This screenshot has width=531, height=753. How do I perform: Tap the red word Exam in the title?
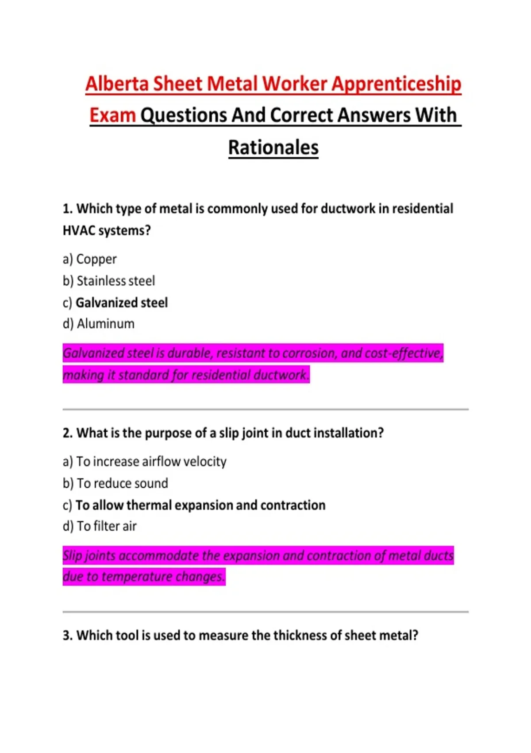112,115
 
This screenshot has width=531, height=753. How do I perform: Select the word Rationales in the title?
273,147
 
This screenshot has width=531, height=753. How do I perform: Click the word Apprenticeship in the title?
396,84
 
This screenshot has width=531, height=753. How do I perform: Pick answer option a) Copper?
90,259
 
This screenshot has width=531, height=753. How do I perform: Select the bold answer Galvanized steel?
122,303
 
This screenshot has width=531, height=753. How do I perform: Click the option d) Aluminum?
99,324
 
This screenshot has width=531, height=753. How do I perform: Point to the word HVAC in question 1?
78,231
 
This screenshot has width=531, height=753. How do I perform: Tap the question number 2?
67,433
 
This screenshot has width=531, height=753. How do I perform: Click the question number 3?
67,636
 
